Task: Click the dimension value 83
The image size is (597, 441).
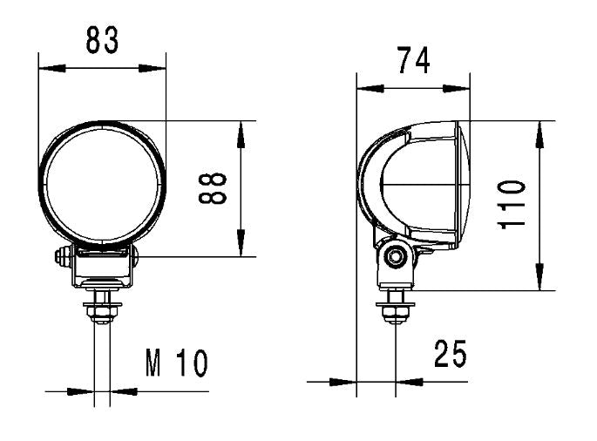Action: coord(102,39)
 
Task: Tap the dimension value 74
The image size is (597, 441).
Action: coord(413,61)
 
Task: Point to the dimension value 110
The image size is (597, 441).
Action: coord(513,204)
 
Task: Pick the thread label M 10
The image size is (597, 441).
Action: coord(176,363)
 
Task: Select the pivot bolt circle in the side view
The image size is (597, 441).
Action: coord(399,256)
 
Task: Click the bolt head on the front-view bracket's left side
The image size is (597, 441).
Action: coord(62,257)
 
